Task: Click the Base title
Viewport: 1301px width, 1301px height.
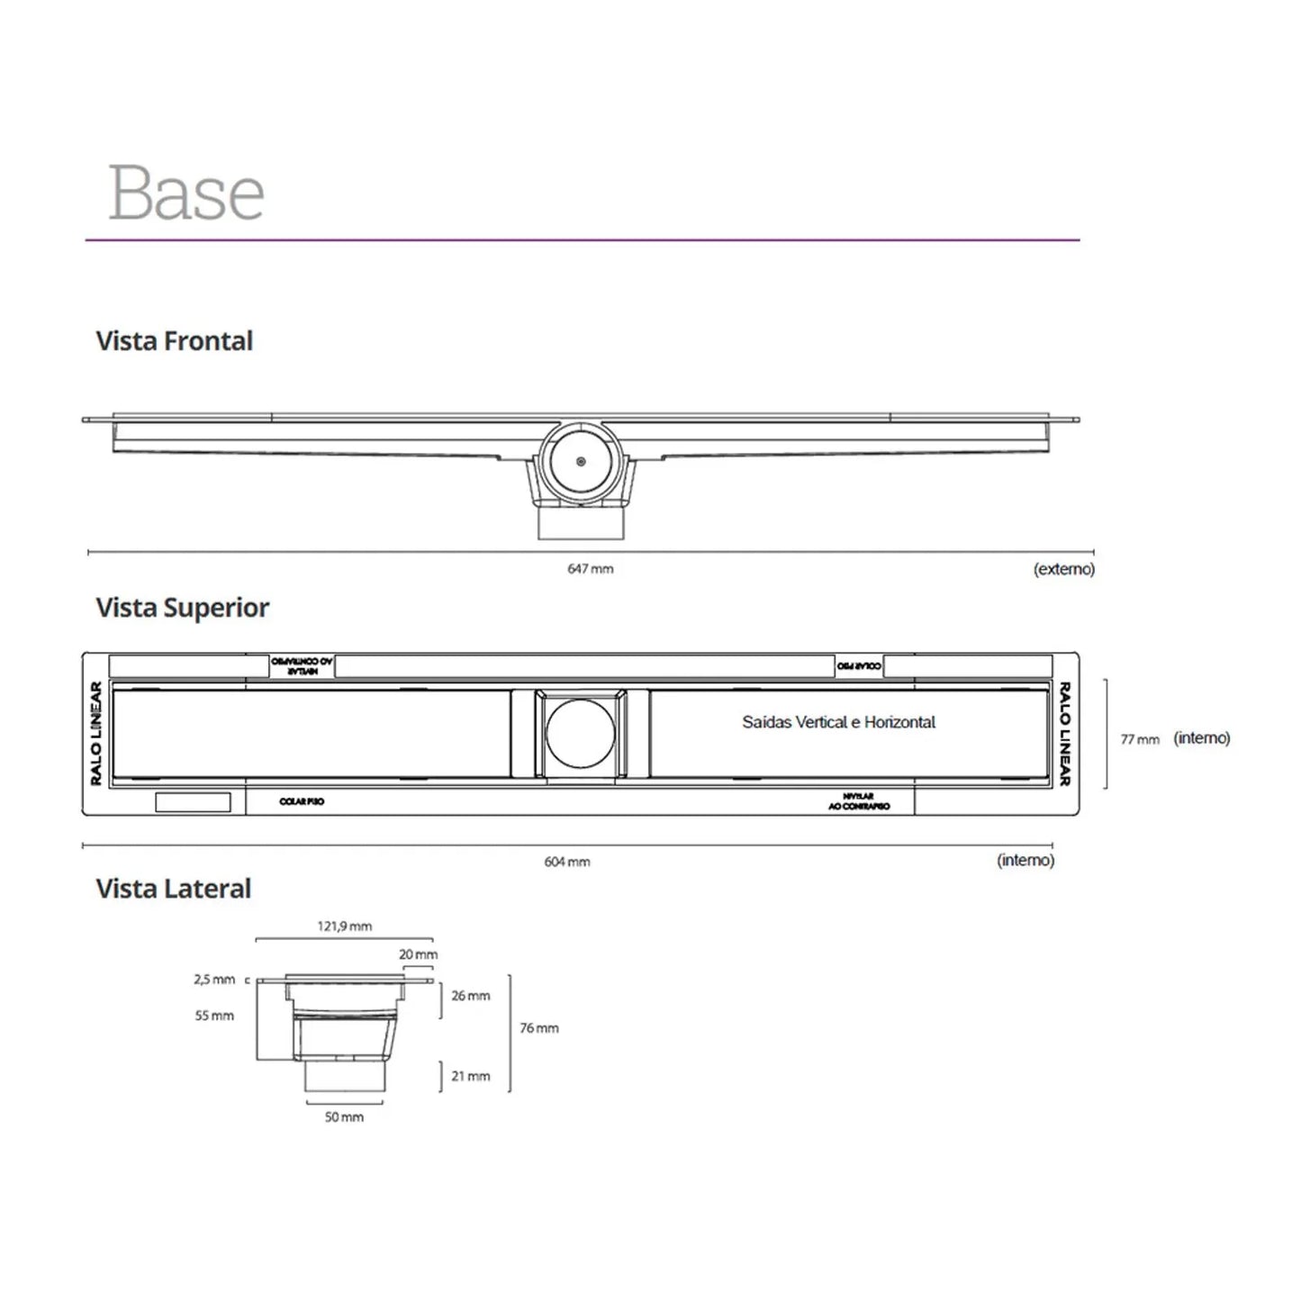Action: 186,193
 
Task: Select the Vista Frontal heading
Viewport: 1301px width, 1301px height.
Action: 175,341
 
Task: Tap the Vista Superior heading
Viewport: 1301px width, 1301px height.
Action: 183,608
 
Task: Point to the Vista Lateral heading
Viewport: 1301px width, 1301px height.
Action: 174,889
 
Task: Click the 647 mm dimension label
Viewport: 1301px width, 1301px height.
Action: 591,569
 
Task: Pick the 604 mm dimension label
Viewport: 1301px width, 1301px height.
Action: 567,862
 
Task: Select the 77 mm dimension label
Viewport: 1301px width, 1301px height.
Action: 1140,739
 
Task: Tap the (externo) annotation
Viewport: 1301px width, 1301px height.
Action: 1064,569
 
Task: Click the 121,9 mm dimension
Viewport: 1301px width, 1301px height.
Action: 345,926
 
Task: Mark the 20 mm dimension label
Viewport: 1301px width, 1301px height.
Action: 419,954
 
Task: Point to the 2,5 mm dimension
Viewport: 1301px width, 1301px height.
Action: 214,980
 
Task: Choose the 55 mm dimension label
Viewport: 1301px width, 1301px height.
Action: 214,1016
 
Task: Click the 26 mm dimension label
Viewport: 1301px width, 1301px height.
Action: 471,996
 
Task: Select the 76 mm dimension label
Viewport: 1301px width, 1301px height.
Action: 539,1028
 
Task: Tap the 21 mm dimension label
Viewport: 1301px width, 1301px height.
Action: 471,1076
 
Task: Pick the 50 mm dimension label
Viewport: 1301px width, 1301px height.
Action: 345,1117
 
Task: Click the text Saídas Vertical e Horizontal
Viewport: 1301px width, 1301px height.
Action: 838,722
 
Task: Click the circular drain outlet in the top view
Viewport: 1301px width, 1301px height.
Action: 581,733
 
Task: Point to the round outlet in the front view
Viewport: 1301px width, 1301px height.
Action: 581,462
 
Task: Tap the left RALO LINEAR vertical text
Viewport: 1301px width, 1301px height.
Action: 96,733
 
